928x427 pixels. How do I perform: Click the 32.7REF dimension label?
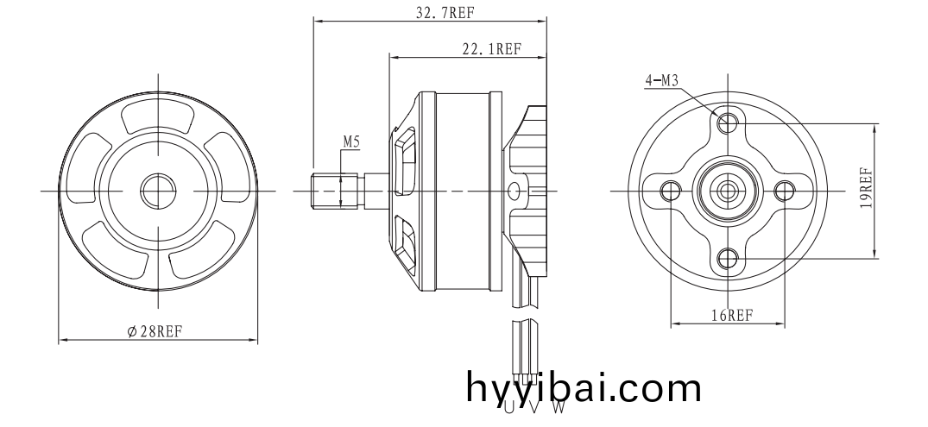pos(445,13)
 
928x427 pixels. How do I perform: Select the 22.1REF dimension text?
pos(491,49)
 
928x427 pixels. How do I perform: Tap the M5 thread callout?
pos(351,142)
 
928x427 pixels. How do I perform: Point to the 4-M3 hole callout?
pos(661,80)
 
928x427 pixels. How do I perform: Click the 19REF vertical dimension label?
pos(867,188)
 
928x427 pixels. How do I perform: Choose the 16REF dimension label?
pos(732,315)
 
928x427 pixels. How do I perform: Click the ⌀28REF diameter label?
pos(155,331)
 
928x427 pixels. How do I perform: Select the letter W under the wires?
pos(559,407)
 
